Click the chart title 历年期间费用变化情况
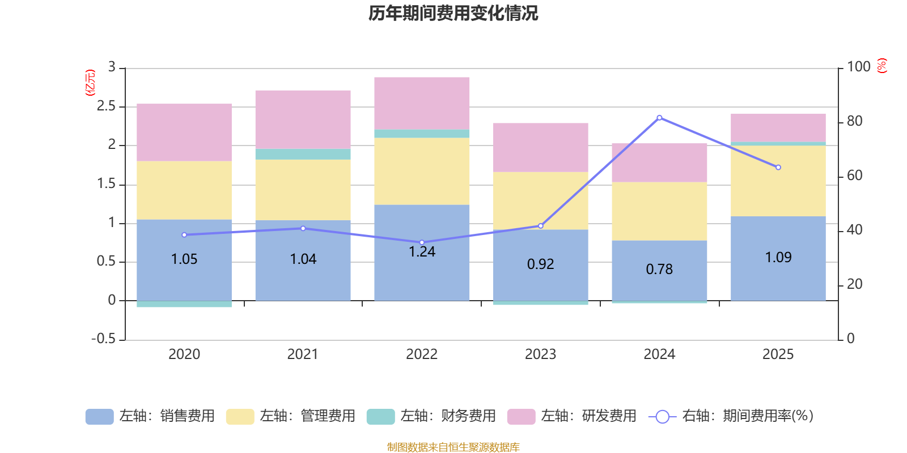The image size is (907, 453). [x=453, y=13]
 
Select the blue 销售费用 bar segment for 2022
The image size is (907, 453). [x=422, y=272]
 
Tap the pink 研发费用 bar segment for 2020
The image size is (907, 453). [x=184, y=133]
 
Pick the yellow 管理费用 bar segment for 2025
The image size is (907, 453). [x=778, y=181]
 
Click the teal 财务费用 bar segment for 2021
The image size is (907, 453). [x=303, y=154]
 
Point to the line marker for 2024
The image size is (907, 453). [x=659, y=118]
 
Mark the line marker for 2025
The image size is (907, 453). [x=778, y=168]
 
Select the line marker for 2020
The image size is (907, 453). [x=184, y=235]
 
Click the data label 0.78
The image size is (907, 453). [x=659, y=270]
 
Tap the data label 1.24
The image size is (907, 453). [x=422, y=252]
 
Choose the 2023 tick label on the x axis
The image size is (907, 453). [x=540, y=354]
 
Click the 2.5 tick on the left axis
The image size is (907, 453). [x=106, y=106]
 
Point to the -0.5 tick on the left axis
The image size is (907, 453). [x=103, y=339]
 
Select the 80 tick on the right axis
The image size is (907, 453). [x=854, y=121]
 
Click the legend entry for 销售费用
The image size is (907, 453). [x=150, y=416]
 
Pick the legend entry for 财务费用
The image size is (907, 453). [x=431, y=416]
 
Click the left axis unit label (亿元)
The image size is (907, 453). [x=90, y=83]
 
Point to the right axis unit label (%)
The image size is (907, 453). [x=882, y=66]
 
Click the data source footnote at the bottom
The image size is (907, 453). [x=453, y=447]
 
